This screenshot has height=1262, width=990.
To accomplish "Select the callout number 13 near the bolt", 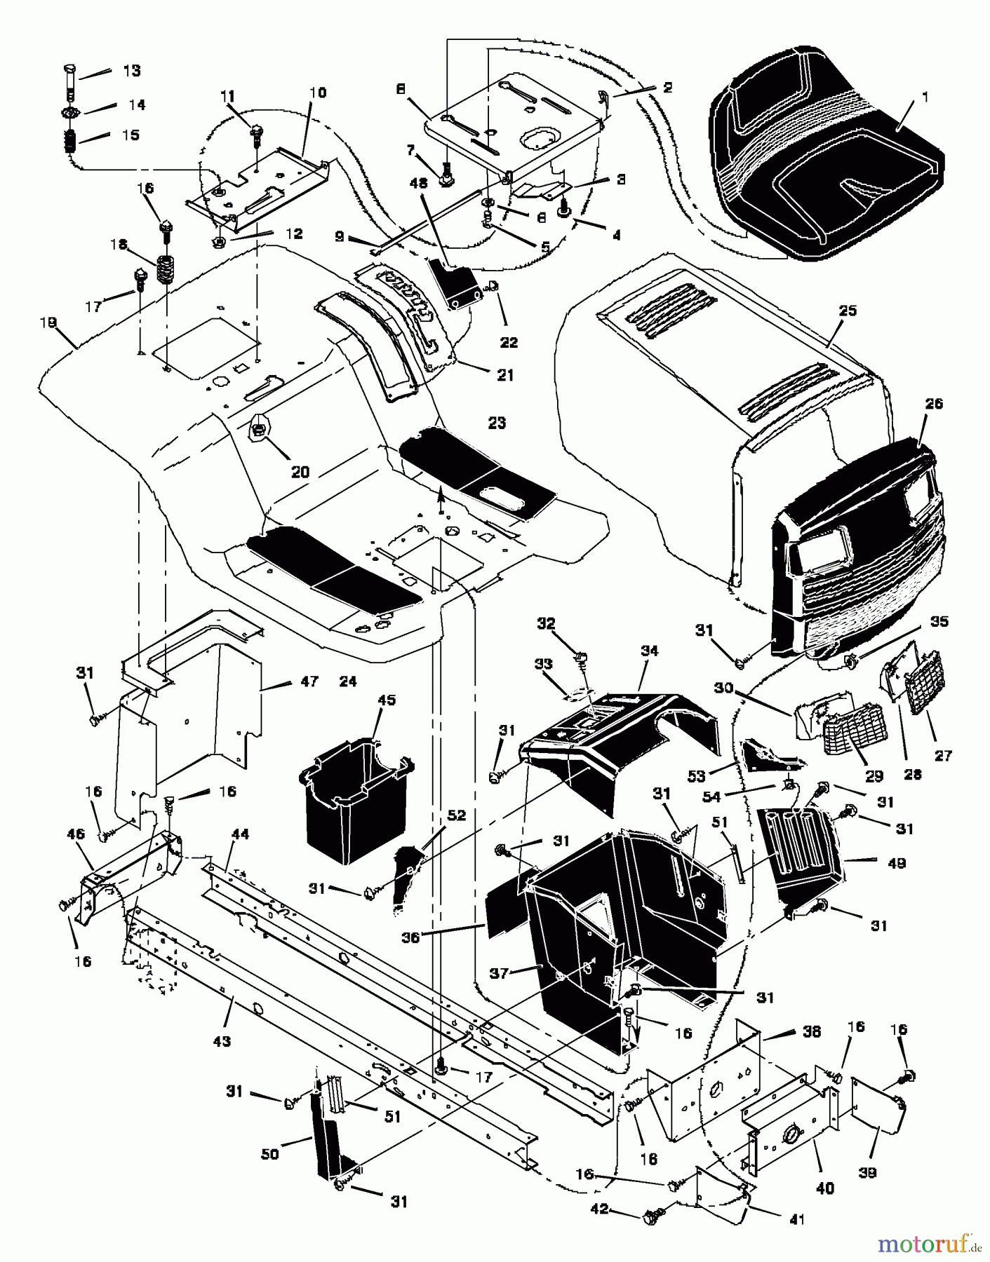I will pyautogui.click(x=131, y=71).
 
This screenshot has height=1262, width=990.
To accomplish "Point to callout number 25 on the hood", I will pyautogui.click(x=848, y=311).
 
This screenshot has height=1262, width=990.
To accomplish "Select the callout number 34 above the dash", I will pyautogui.click(x=649, y=651).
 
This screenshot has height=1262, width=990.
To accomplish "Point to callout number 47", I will pyautogui.click(x=309, y=681).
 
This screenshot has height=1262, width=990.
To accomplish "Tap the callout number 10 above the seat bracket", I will pyautogui.click(x=317, y=93).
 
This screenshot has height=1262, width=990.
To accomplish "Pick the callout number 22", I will pyautogui.click(x=509, y=342).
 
